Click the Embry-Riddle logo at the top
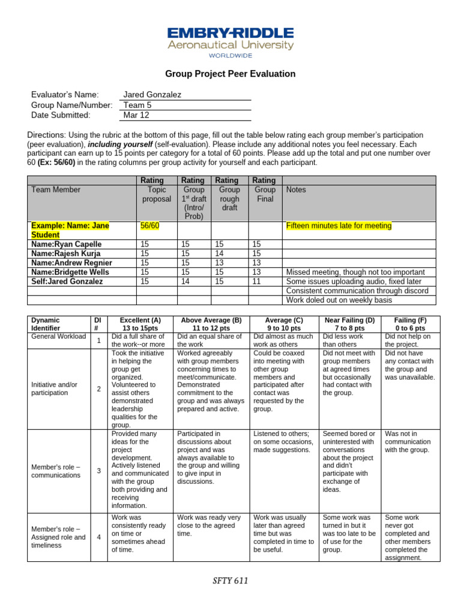click(230, 41)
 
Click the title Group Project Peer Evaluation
click(230, 74)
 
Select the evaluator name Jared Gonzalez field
click(152, 95)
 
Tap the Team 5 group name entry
click(137, 105)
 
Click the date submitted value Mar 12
click(136, 115)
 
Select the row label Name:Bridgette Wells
click(71, 272)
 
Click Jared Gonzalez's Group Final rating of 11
click(256, 281)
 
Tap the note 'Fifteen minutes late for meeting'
click(339, 225)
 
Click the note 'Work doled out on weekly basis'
click(339, 300)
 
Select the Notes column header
click(297, 189)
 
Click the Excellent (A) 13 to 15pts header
click(140, 324)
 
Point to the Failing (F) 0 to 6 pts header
click(411, 324)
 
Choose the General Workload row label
click(58, 336)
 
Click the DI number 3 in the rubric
click(98, 471)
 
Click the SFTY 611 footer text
click(230, 580)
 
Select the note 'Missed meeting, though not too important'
click(355, 272)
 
